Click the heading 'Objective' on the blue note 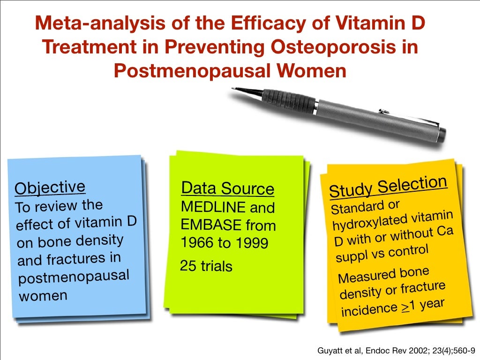(x=50, y=187)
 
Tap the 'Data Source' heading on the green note (x=227, y=188)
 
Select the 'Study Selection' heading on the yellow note (x=388, y=187)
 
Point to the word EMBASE (x=205, y=226)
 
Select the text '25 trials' (x=206, y=266)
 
